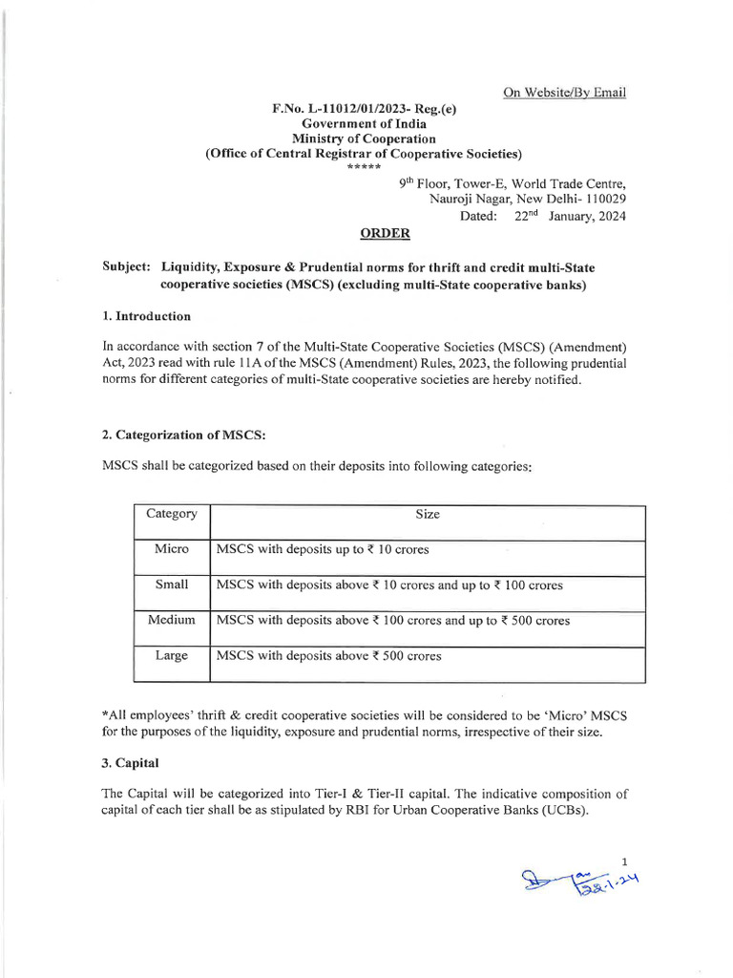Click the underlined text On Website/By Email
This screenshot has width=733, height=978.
tap(564, 93)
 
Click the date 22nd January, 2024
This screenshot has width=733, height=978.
tap(570, 216)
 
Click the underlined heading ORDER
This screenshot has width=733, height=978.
tap(386, 234)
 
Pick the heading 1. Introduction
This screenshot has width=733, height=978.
tap(146, 316)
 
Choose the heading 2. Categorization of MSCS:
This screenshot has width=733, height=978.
tap(183, 435)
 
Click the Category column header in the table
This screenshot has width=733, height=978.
tap(172, 514)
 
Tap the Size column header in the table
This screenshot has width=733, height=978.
tap(428, 514)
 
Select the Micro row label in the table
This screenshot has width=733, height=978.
tap(172, 549)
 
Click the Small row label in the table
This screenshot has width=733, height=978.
tap(172, 585)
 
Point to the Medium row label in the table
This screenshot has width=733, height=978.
tap(172, 620)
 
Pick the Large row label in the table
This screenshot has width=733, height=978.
tap(172, 656)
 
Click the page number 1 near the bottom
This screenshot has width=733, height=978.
tap(624, 861)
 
